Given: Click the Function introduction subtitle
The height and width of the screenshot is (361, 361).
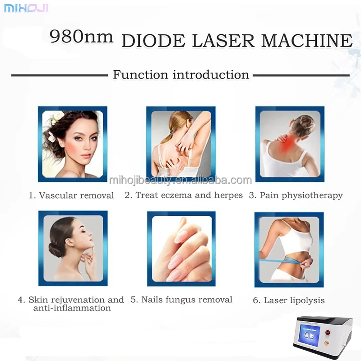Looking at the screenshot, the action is tap(180, 74).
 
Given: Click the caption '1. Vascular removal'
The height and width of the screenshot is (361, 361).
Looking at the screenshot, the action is tap(71, 195).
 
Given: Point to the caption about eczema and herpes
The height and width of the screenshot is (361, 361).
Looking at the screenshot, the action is tap(183, 195).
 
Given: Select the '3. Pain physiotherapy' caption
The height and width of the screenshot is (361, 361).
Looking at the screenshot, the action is tap(296, 195).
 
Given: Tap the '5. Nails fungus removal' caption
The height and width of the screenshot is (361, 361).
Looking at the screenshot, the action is tap(181, 299).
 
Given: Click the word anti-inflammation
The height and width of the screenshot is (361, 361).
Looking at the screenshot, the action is tap(72, 308).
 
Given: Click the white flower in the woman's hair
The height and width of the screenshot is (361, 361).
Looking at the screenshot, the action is tap(58, 118).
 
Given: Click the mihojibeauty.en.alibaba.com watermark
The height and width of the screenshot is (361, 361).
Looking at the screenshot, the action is tap(180, 181).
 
